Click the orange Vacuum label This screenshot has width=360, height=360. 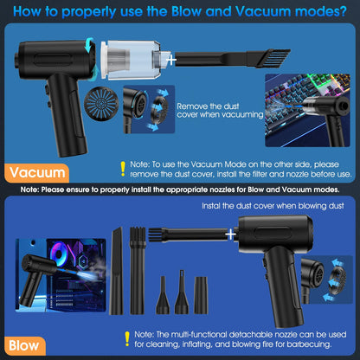[x=36, y=173]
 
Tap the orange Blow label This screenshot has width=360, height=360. [x=25, y=345]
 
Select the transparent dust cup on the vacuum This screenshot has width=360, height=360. [x=132, y=60]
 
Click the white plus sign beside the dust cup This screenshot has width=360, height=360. [x=172, y=60]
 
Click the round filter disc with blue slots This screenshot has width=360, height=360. [x=101, y=104]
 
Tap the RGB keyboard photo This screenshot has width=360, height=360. [x=307, y=111]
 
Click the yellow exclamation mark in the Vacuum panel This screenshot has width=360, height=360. [x=123, y=169]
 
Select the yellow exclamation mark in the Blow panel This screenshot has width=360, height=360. [x=127, y=339]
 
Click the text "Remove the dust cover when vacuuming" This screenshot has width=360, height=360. [x=220, y=111]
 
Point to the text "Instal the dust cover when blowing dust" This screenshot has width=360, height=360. [x=273, y=206]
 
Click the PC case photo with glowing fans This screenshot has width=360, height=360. [x=61, y=275]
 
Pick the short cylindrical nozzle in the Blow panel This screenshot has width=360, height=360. [x=201, y=295]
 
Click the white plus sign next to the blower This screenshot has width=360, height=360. [x=231, y=235]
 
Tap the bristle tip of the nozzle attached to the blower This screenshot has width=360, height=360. [x=156, y=235]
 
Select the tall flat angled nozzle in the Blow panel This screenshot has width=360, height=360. [x=116, y=271]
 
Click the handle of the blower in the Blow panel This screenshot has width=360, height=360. [x=284, y=287]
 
